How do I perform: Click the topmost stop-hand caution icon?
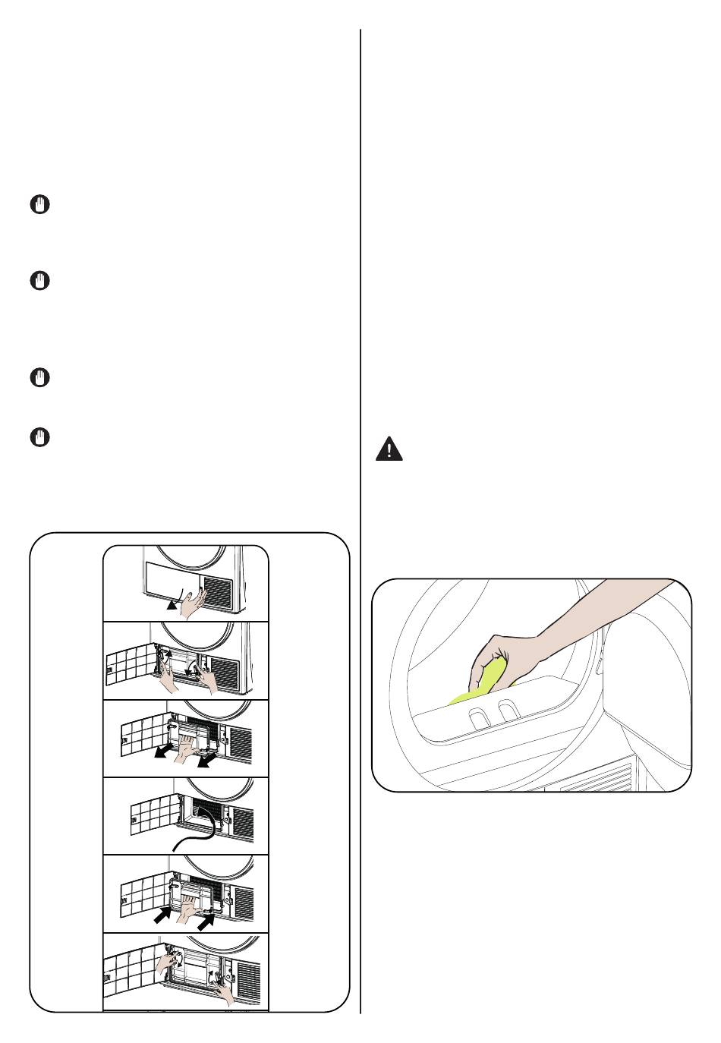41,204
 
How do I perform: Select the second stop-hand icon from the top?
41,281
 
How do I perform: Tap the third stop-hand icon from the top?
41,377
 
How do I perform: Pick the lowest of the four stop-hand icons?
41,437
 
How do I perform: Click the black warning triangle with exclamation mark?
389,449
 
